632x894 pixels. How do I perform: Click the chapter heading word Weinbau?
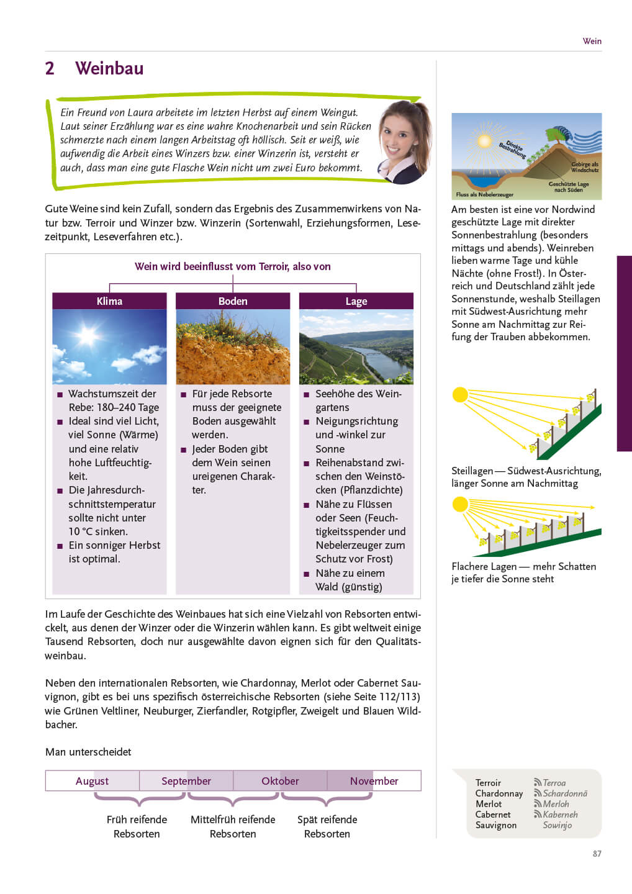click(x=109, y=68)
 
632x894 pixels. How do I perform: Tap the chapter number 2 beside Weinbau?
click(x=50, y=68)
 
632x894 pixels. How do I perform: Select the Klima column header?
click(x=109, y=301)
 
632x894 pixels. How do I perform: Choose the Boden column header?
click(x=233, y=301)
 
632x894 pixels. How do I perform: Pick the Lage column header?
click(x=356, y=301)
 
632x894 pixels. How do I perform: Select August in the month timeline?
click(x=92, y=781)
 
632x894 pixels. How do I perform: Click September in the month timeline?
click(x=186, y=781)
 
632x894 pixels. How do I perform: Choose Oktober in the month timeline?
click(x=280, y=781)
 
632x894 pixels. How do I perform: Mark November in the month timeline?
click(x=374, y=781)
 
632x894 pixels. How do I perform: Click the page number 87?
click(x=597, y=854)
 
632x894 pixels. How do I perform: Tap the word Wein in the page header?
click(x=592, y=41)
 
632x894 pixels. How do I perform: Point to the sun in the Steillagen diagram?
click(x=460, y=395)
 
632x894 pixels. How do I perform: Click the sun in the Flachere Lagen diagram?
click(x=460, y=504)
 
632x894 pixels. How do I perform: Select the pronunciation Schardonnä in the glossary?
click(x=564, y=793)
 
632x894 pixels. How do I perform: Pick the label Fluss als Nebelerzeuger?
click(x=484, y=194)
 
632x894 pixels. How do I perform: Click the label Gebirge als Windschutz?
click(x=585, y=167)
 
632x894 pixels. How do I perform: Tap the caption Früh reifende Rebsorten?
click(x=137, y=826)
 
